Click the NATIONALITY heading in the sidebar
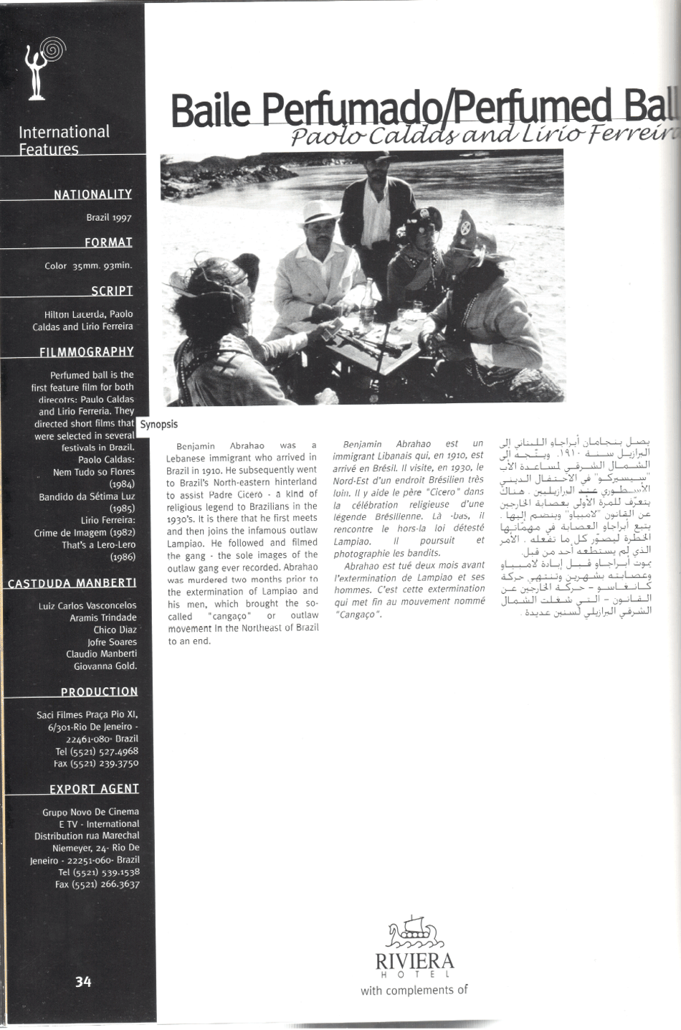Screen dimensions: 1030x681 click(x=92, y=194)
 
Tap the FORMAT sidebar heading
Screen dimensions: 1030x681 click(x=108, y=242)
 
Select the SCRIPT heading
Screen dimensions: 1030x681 click(x=112, y=290)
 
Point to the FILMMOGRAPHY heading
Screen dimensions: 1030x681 click(x=87, y=351)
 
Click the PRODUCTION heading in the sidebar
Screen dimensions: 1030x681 click(x=99, y=691)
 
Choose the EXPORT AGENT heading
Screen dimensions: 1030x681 click(x=94, y=789)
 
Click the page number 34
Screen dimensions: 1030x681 click(x=83, y=981)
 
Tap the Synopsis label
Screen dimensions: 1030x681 click(x=159, y=424)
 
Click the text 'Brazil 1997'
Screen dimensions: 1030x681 click(x=109, y=217)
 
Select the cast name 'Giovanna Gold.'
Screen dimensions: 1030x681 click(x=105, y=666)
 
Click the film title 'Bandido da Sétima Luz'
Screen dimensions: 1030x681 click(x=86, y=496)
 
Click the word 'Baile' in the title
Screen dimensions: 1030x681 click(x=211, y=111)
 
